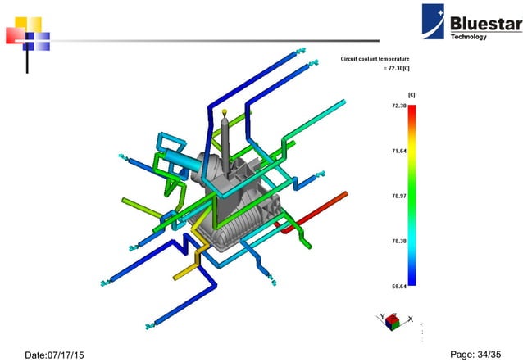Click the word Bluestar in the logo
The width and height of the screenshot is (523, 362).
pyautogui.click(x=484, y=24)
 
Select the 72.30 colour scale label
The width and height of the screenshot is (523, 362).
pyautogui.click(x=399, y=106)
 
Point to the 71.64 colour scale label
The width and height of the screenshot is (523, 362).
pyautogui.click(x=399, y=152)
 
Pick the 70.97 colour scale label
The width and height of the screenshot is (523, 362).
pyautogui.click(x=399, y=197)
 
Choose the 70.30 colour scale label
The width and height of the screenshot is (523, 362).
pyautogui.click(x=399, y=241)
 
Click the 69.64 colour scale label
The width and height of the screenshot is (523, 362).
pyautogui.click(x=399, y=286)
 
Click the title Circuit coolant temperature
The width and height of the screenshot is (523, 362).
pyautogui.click(x=375, y=59)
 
